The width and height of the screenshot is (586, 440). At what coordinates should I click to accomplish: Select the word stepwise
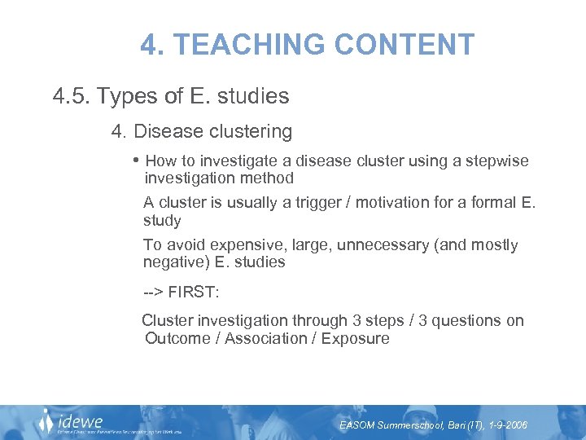coord(496,161)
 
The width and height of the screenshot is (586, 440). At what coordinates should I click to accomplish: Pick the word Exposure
coord(356,338)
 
